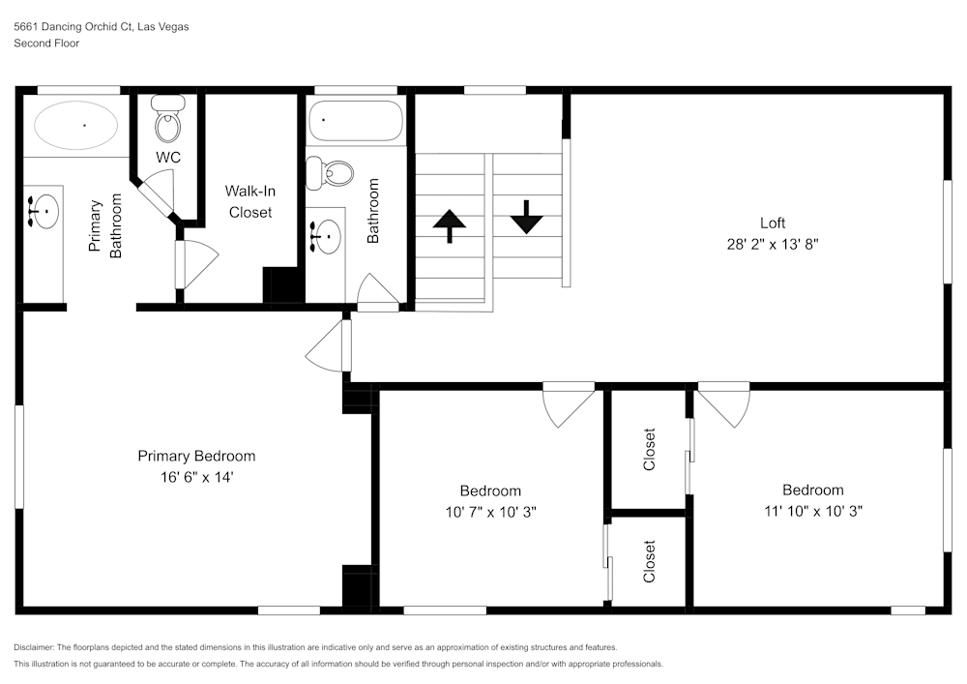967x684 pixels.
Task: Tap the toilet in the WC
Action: coord(167,125)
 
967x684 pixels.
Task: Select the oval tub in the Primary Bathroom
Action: coord(76,126)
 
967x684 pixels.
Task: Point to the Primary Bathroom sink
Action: coord(43,210)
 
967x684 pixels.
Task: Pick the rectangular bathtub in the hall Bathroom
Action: coord(354,121)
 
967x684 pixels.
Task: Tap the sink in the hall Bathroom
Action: coord(325,235)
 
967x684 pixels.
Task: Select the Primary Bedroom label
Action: coord(196,457)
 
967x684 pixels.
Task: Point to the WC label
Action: coord(167,157)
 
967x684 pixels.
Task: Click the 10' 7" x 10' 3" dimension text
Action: coord(490,512)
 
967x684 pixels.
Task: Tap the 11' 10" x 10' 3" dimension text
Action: coord(812,511)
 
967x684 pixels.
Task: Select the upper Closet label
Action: coord(649,449)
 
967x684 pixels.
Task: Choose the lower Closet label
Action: coord(649,561)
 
